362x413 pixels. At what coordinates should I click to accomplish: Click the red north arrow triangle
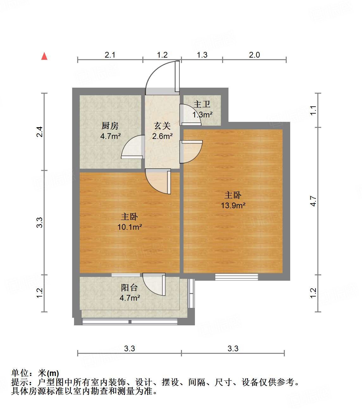tap(44, 56)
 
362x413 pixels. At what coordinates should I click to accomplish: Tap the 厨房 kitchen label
tap(110, 126)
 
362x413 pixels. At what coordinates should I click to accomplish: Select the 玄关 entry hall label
tap(162, 126)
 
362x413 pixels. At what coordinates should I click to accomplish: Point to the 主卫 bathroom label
tap(202, 104)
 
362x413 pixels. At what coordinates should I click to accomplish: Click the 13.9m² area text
tap(233, 205)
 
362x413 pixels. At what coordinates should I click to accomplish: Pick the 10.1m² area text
tap(129, 227)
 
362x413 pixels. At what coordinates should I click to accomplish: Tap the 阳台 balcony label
tap(129, 288)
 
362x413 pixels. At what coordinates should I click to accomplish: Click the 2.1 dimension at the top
tap(110, 55)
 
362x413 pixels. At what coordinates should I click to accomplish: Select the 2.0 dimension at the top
tap(254, 55)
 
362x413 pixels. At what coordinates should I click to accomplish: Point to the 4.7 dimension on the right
tap(313, 201)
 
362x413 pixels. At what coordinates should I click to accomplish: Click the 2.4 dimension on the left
tap(39, 132)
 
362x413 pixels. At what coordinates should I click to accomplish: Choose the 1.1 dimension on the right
tap(313, 110)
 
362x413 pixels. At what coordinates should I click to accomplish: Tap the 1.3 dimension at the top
tap(202, 55)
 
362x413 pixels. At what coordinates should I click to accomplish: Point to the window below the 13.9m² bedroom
tap(236, 277)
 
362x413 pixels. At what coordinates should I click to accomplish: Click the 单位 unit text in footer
tap(20, 373)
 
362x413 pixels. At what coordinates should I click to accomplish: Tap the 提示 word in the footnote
tap(20, 382)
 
